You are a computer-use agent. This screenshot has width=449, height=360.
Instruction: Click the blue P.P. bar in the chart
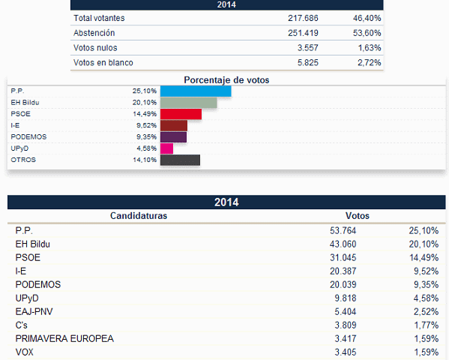pyautogui.click(x=196, y=91)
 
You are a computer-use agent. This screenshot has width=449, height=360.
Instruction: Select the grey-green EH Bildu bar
pyautogui.click(x=188, y=103)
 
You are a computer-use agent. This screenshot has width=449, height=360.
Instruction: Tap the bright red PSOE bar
pyautogui.click(x=181, y=114)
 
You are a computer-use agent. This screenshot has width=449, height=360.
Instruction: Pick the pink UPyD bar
pyautogui.click(x=166, y=148)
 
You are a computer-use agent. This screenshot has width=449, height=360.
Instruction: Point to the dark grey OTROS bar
pyautogui.click(x=180, y=160)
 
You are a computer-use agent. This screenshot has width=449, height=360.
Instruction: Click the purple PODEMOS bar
pyautogui.click(x=173, y=137)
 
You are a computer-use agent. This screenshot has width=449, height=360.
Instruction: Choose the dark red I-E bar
pyautogui.click(x=174, y=125)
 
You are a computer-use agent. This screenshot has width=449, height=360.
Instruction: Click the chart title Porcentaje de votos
pyautogui.click(x=226, y=80)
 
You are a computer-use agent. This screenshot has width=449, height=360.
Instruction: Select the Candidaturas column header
pyautogui.click(x=139, y=215)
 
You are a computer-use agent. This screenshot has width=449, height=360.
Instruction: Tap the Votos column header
pyautogui.click(x=358, y=215)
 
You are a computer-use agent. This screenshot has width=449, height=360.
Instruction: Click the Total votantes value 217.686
pyautogui.click(x=303, y=18)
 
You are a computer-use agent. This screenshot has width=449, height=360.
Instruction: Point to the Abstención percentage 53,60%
pyautogui.click(x=367, y=33)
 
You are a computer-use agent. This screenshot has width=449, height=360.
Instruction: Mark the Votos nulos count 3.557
pyautogui.click(x=308, y=47)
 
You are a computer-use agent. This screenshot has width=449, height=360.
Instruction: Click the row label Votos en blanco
pyautogui.click(x=103, y=62)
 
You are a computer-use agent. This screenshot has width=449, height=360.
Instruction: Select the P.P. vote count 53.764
pyautogui.click(x=343, y=230)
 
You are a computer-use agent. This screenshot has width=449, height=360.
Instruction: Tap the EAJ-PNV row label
pyautogui.click(x=34, y=311)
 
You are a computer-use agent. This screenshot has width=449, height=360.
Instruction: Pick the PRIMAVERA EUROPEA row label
pyautogui.click(x=64, y=338)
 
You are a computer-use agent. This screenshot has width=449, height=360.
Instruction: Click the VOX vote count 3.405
pyautogui.click(x=346, y=352)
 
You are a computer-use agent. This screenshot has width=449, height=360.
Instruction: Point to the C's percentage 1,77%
pyautogui.click(x=426, y=325)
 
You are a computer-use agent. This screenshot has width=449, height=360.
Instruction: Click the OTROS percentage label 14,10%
pyautogui.click(x=145, y=160)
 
